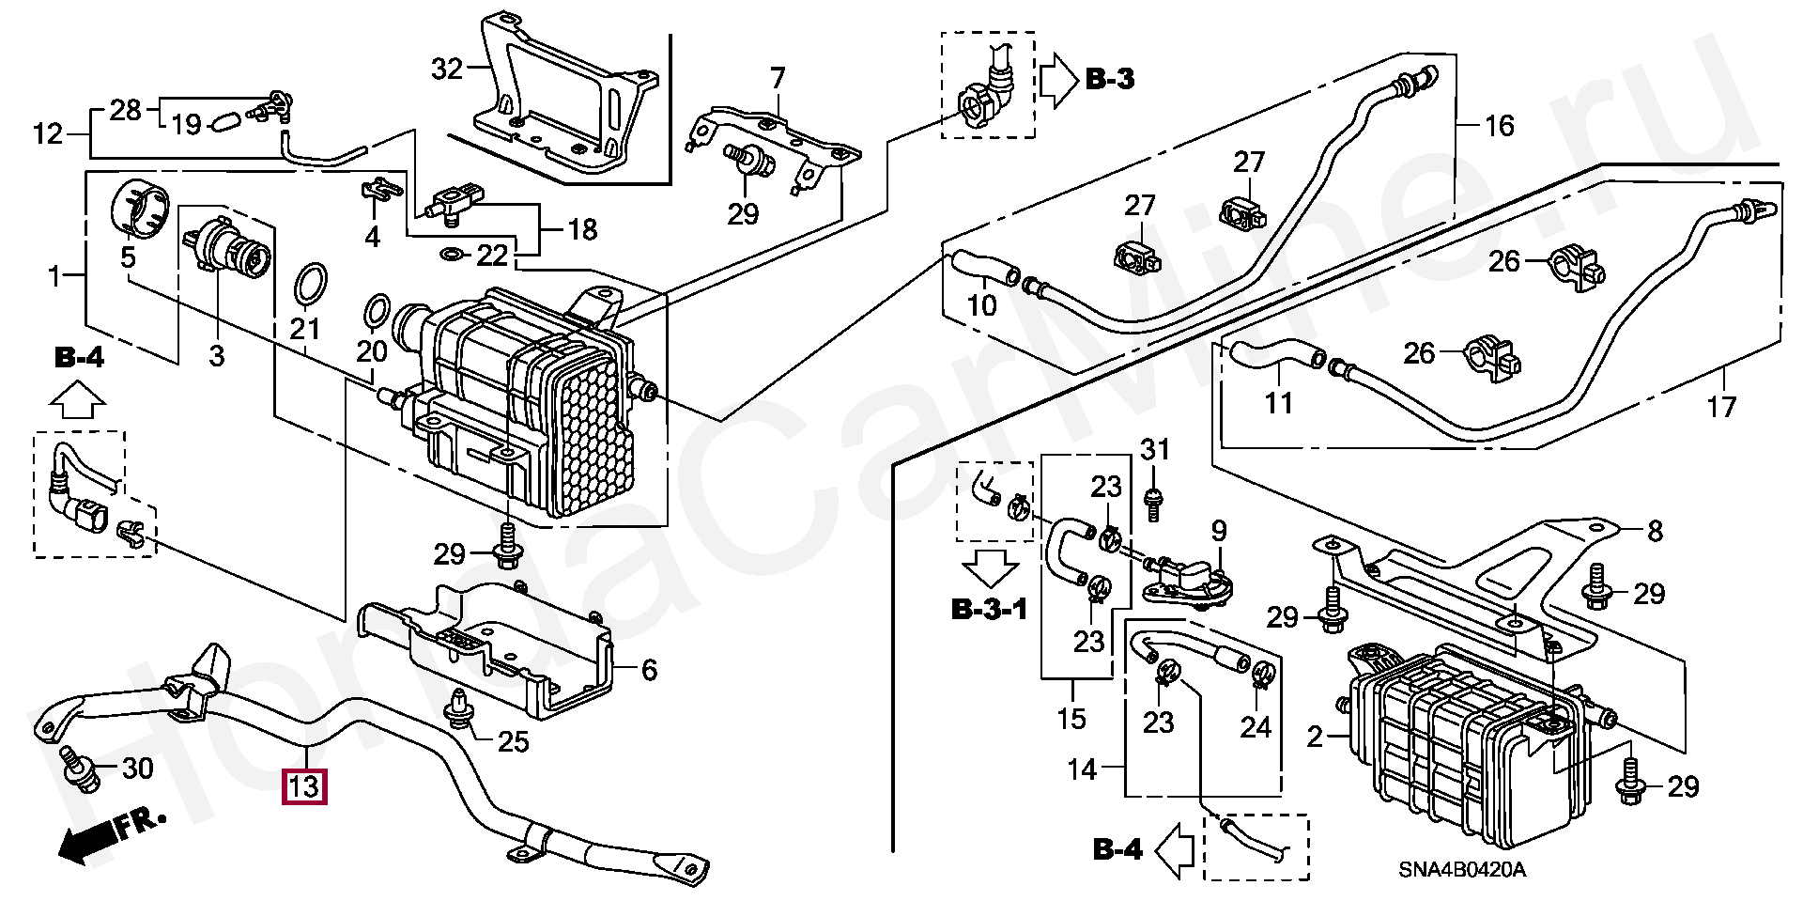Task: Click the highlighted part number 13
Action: pos(305,786)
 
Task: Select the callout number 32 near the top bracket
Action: pos(448,69)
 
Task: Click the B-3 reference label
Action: pos(1109,79)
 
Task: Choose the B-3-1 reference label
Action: pos(990,610)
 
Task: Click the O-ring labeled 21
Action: pos(311,286)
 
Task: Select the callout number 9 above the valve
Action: pos(1218,533)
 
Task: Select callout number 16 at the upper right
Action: pos(1500,125)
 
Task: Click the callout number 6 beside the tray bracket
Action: pos(649,670)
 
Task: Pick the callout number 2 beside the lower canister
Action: pos(1315,737)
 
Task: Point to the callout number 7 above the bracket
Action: pos(777,79)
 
